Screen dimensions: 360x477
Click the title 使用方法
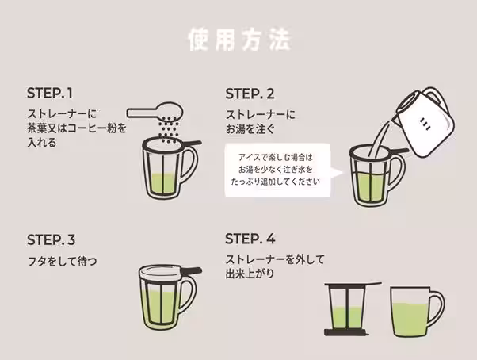click(238, 40)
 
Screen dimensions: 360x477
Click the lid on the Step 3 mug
click(166, 271)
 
